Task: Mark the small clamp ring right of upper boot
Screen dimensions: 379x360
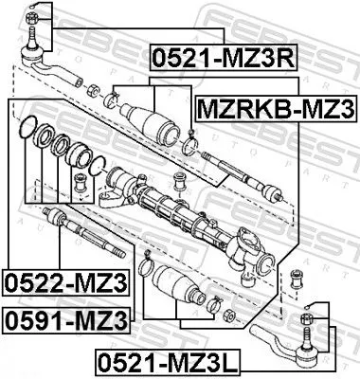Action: [x=189, y=145]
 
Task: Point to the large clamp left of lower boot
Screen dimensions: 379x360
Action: [x=145, y=269]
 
